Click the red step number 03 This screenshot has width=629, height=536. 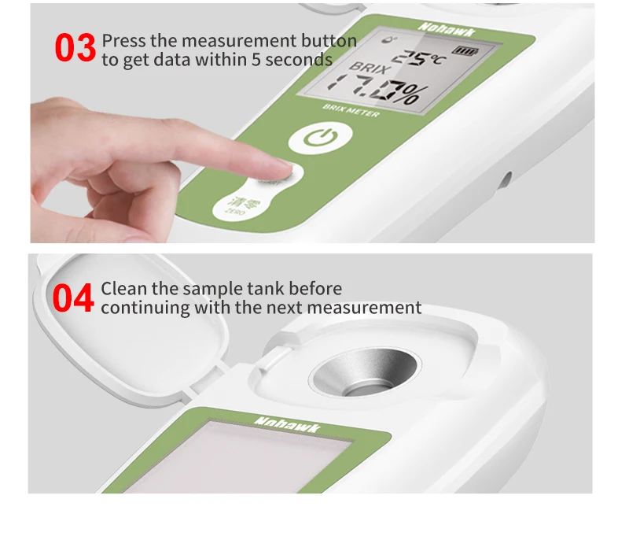pos(75,48)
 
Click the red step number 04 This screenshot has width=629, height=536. pos(73,298)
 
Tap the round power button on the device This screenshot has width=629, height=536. pos(321,138)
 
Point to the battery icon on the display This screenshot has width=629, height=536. pos(465,51)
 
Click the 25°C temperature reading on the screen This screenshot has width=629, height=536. pos(419,58)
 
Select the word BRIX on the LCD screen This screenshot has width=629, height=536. pos(369,68)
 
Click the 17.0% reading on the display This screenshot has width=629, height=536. pos(377,89)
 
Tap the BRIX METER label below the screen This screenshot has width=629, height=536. pos(351,111)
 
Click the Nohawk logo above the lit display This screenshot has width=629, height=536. pos(447,29)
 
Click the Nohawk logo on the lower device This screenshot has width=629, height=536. pos(287,425)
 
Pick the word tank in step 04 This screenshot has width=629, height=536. pos(265,289)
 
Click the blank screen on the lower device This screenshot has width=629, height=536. pos(237,458)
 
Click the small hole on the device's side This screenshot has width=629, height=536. pos(507,179)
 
